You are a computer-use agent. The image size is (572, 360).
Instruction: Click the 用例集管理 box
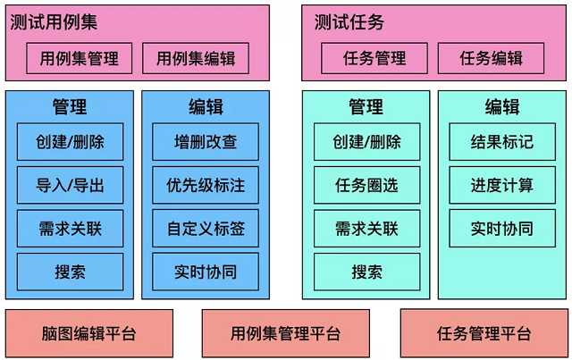tap(80, 58)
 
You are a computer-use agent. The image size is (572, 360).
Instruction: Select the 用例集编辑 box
tap(196, 58)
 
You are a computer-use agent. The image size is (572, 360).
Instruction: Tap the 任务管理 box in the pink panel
tap(374, 58)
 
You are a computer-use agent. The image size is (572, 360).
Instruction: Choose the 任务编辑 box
tap(491, 58)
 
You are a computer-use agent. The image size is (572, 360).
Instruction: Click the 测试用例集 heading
tap(54, 21)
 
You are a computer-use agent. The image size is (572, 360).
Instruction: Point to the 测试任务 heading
tap(349, 21)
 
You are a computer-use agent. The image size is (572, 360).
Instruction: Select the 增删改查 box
tap(206, 142)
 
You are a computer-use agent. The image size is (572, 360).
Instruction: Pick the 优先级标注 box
tap(206, 185)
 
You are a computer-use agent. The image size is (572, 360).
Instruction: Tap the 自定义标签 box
tap(206, 229)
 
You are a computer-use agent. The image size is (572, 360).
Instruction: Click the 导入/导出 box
tap(70, 185)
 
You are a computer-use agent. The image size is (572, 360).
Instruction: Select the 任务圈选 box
tap(367, 185)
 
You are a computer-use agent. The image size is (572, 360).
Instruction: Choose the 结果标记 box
tap(502, 142)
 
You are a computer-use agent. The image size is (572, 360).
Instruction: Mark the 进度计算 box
tap(502, 185)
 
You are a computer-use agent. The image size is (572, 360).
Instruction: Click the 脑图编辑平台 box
tap(89, 333)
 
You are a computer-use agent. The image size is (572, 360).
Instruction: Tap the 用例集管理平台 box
tap(286, 333)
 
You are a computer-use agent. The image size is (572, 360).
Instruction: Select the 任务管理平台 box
tap(484, 333)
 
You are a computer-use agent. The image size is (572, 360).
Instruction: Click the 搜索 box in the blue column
tap(70, 272)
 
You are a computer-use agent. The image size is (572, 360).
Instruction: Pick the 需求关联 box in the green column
tap(367, 229)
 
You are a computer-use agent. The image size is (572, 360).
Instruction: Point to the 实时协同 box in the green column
tap(502, 229)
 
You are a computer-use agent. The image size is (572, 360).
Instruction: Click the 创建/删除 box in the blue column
tap(70, 142)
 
